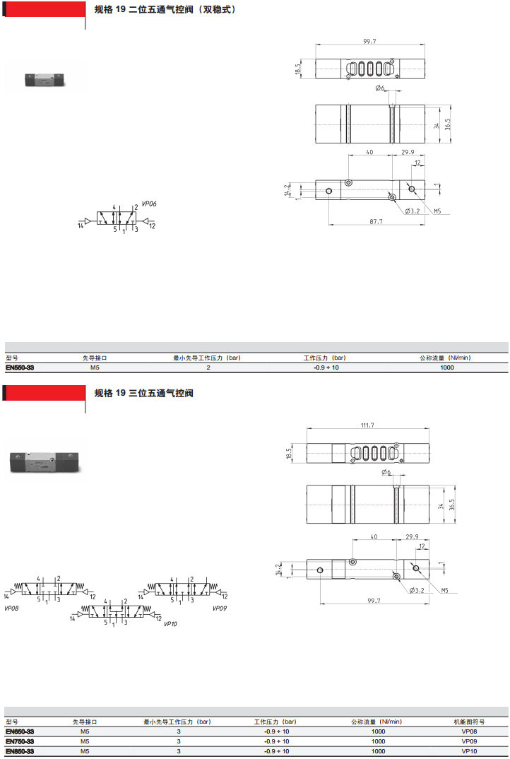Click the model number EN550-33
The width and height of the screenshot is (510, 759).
tap(20, 367)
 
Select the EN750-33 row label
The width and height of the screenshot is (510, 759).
tap(20, 741)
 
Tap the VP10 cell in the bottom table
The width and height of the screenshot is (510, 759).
tap(469, 751)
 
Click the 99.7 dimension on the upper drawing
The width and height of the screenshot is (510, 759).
tap(369, 42)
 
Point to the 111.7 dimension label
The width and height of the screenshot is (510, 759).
tap(367, 425)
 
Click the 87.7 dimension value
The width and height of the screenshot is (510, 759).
tap(376, 222)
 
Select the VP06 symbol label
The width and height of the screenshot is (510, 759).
tap(149, 204)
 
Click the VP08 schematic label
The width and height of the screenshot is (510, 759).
tap(11, 608)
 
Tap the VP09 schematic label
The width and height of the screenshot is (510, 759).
tap(219, 608)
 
